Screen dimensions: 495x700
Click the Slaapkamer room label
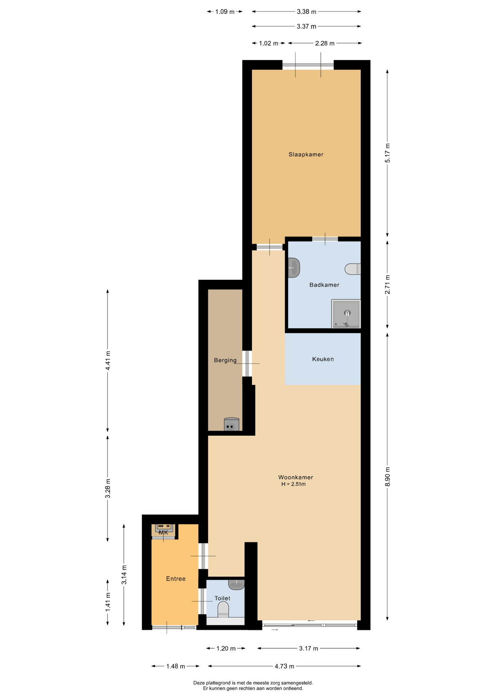(x=306, y=155)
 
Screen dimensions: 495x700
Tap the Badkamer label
(x=324, y=285)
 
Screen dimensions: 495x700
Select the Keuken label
(x=323, y=359)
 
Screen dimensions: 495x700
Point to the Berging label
(x=225, y=361)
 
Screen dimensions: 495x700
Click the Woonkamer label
(x=296, y=477)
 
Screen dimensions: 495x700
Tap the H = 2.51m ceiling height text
(x=293, y=484)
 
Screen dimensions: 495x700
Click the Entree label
(x=176, y=579)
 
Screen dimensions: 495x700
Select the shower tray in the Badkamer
(x=346, y=314)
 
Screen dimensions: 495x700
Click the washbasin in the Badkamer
(x=294, y=268)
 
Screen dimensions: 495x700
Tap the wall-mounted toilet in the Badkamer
(x=353, y=269)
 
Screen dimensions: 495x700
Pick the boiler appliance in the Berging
(x=231, y=424)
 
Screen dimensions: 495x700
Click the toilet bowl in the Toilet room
(x=223, y=610)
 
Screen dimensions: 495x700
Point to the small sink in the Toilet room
(x=236, y=584)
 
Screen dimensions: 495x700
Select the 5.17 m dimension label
(x=387, y=153)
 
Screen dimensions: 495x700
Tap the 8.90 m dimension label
(x=387, y=477)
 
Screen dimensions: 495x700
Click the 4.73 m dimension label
(x=284, y=666)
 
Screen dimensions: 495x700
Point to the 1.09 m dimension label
(x=225, y=12)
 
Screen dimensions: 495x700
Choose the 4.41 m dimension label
(x=108, y=361)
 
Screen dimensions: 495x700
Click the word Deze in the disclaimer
(x=199, y=683)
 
